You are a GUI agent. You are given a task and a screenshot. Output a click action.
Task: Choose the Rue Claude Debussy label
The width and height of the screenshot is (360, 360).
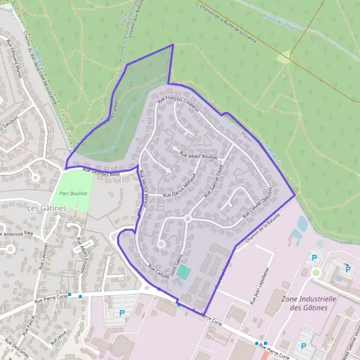coord(259,202)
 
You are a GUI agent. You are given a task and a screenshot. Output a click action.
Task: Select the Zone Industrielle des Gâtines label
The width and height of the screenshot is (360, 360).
coord(308,303)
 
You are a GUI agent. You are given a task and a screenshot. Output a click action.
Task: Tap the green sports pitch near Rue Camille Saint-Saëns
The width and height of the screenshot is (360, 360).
coord(185,272)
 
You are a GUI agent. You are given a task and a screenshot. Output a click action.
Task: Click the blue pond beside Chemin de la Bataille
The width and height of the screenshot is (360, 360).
coord(302,224)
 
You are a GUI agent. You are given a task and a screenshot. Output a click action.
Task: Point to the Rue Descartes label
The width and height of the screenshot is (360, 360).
coord(17,349)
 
